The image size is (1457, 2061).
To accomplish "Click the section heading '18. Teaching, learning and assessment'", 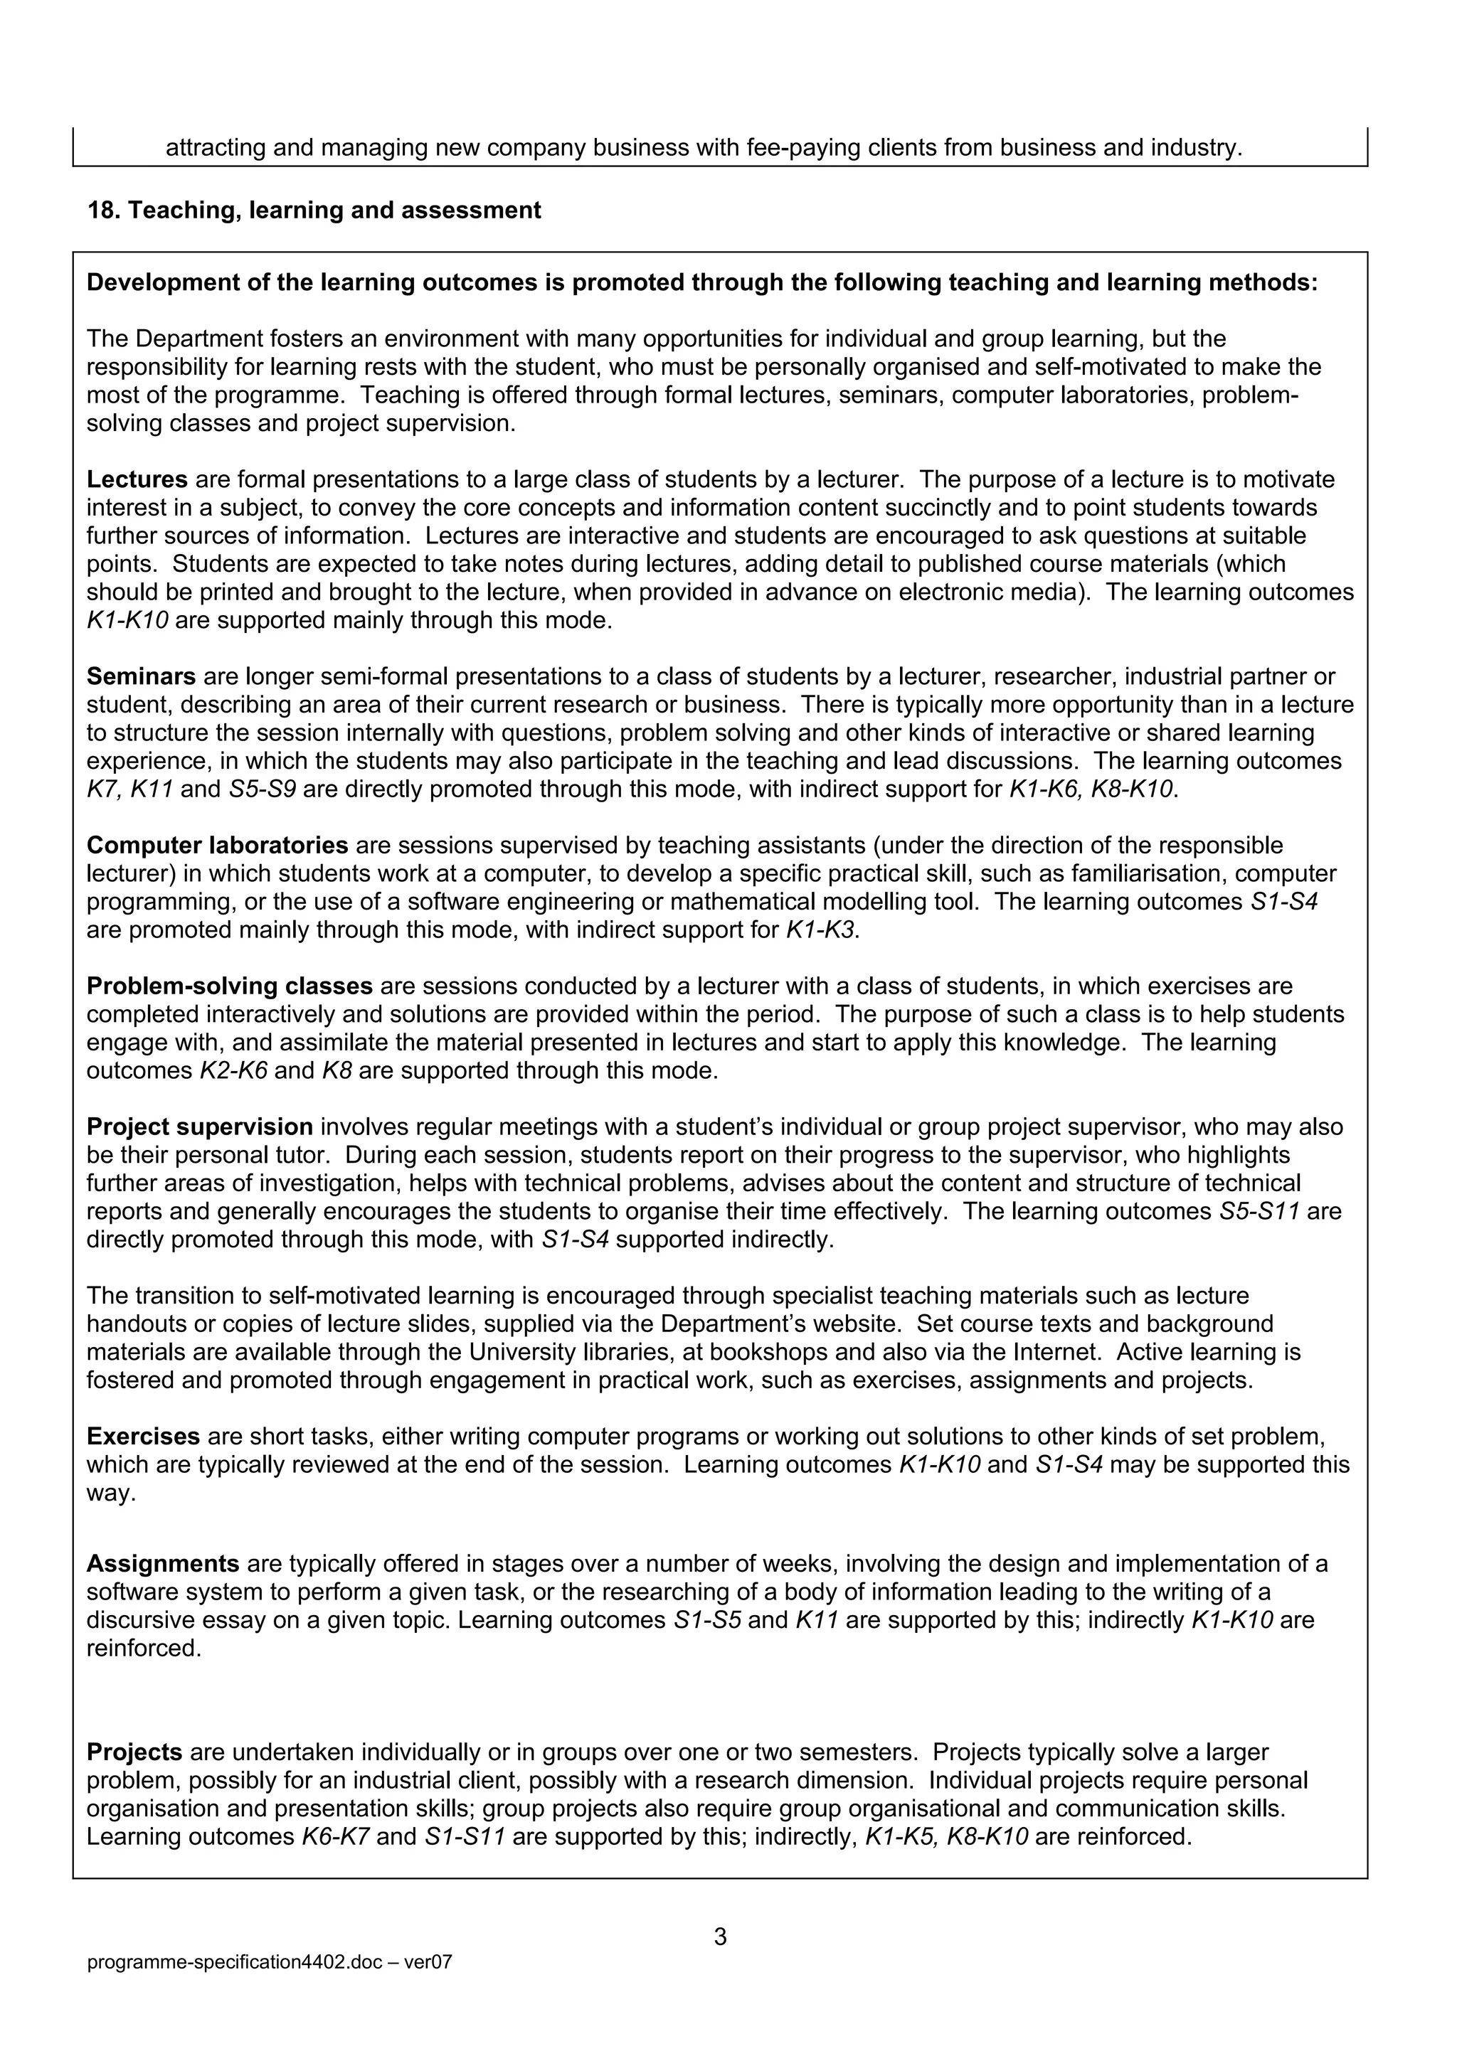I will (x=314, y=211).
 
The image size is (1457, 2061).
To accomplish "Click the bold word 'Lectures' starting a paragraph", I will (x=137, y=479).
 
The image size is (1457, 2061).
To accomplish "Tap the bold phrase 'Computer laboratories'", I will (x=217, y=846).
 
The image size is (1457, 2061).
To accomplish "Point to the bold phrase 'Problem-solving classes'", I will (x=229, y=986).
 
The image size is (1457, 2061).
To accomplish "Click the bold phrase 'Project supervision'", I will (x=199, y=1127).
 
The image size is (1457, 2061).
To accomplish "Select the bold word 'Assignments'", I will (x=162, y=1564).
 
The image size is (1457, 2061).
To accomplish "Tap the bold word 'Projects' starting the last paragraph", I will (x=134, y=1752).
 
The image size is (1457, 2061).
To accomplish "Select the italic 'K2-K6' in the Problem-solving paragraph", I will (x=233, y=1071).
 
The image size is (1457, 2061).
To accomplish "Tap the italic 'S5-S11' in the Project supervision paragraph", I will (x=1259, y=1212).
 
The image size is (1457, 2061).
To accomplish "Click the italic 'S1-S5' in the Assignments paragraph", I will (x=706, y=1620).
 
